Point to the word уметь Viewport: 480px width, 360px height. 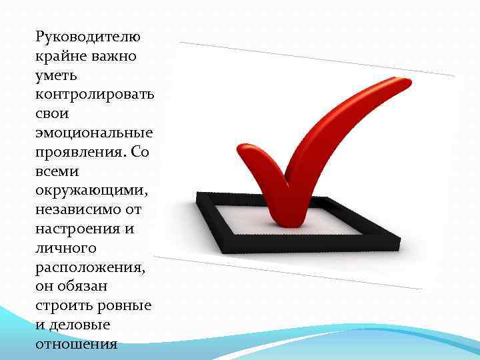(x=58, y=75)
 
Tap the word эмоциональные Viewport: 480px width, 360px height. (x=95, y=132)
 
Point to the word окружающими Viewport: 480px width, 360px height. (x=92, y=190)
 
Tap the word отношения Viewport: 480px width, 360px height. (x=77, y=345)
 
